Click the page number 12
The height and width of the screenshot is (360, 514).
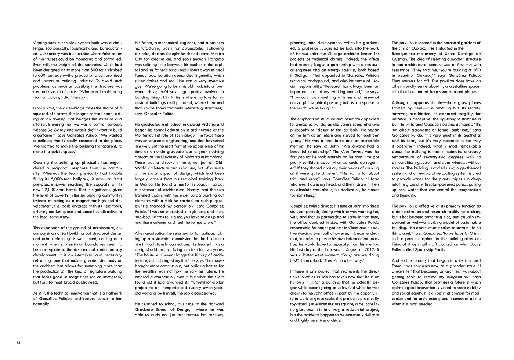coord(18,342)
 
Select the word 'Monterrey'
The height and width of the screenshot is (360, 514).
coord(145,136)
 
